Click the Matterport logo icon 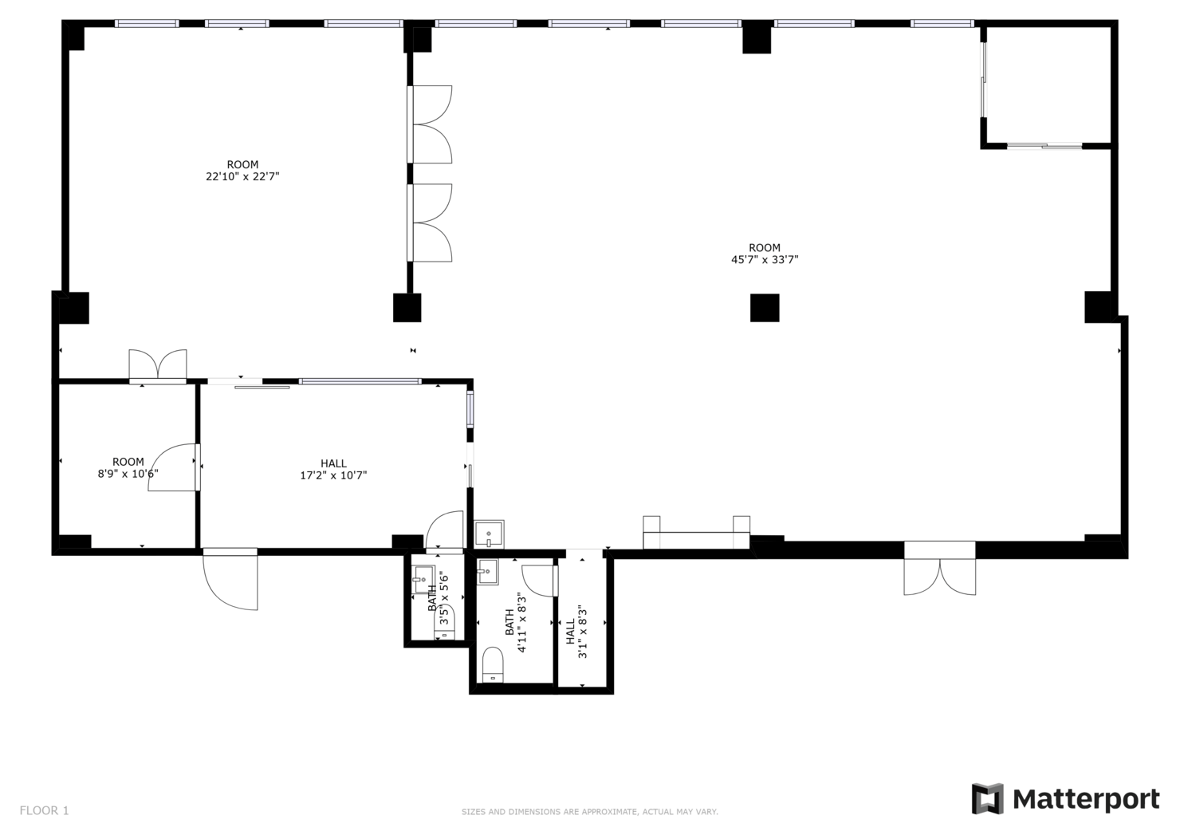click(x=987, y=798)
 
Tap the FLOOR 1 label click(x=45, y=810)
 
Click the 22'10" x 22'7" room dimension click(x=242, y=176)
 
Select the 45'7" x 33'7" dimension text click(x=765, y=260)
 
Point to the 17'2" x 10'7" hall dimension click(x=333, y=475)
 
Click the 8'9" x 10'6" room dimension click(x=128, y=474)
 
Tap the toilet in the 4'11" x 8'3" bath click(x=493, y=664)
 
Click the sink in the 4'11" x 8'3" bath click(x=487, y=572)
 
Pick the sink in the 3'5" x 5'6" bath click(x=423, y=579)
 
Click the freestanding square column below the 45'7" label click(x=765, y=308)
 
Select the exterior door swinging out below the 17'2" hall click(x=230, y=580)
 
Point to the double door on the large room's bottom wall click(x=940, y=569)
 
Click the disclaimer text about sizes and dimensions click(x=589, y=812)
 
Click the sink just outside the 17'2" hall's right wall click(x=489, y=534)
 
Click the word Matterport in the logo click(x=1086, y=800)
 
